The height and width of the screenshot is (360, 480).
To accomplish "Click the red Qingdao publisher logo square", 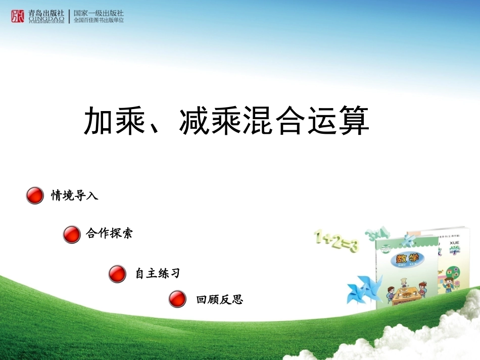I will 18,16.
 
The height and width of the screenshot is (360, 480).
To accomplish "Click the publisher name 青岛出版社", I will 46,13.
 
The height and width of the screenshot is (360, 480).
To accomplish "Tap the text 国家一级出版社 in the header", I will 99,13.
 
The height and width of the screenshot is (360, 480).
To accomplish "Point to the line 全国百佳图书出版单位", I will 99,21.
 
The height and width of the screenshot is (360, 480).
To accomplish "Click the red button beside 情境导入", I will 35,195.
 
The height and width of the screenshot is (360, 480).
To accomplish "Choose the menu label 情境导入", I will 74,195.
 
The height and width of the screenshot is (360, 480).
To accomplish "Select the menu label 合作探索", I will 109,233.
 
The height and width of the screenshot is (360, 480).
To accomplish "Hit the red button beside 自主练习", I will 117,274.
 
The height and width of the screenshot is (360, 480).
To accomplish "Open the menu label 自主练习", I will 157,274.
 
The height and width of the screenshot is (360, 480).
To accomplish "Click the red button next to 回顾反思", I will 177,299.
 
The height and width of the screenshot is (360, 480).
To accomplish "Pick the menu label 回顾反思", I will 219,299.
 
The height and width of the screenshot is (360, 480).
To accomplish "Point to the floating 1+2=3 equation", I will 336,241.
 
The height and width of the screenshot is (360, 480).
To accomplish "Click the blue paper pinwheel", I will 362,291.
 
